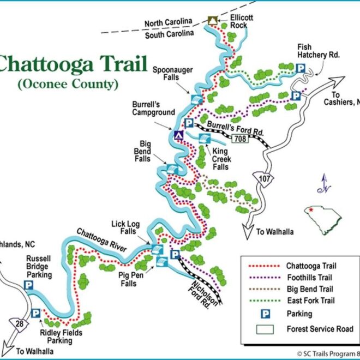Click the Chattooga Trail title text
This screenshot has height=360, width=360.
74,64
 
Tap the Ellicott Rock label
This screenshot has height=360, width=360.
234,21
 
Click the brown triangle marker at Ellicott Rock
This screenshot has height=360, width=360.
212,21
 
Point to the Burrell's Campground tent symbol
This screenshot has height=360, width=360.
178,135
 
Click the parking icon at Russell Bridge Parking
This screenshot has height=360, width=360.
29,285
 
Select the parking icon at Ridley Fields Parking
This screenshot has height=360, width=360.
35,313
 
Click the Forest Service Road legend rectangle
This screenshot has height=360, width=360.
265,329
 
